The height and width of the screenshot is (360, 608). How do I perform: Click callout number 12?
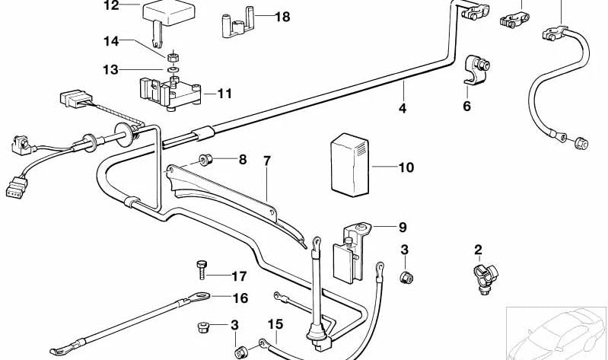pos(111,6)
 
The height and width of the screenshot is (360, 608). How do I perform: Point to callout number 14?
pos(111,40)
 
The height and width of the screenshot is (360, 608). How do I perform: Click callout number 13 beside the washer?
pos(111,69)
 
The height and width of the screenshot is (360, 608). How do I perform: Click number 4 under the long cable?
pos(403,109)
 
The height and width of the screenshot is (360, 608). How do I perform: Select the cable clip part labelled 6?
pos(476,69)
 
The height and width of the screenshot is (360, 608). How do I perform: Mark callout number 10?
pos(406,167)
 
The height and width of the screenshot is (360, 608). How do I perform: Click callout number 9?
pos(403,227)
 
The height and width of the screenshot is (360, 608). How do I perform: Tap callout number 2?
pos(478,249)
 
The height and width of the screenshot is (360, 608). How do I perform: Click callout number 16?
pos(240,298)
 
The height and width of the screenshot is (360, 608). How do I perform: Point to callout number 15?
pos(275,325)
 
